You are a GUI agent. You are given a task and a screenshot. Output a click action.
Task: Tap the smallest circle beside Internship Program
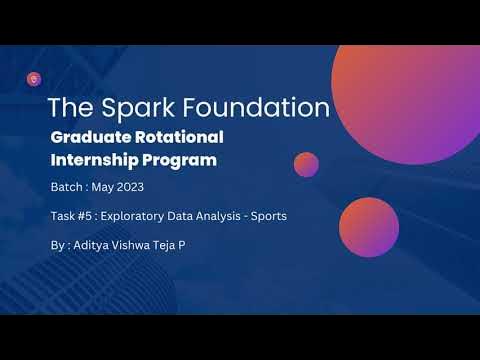pos(306,164)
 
